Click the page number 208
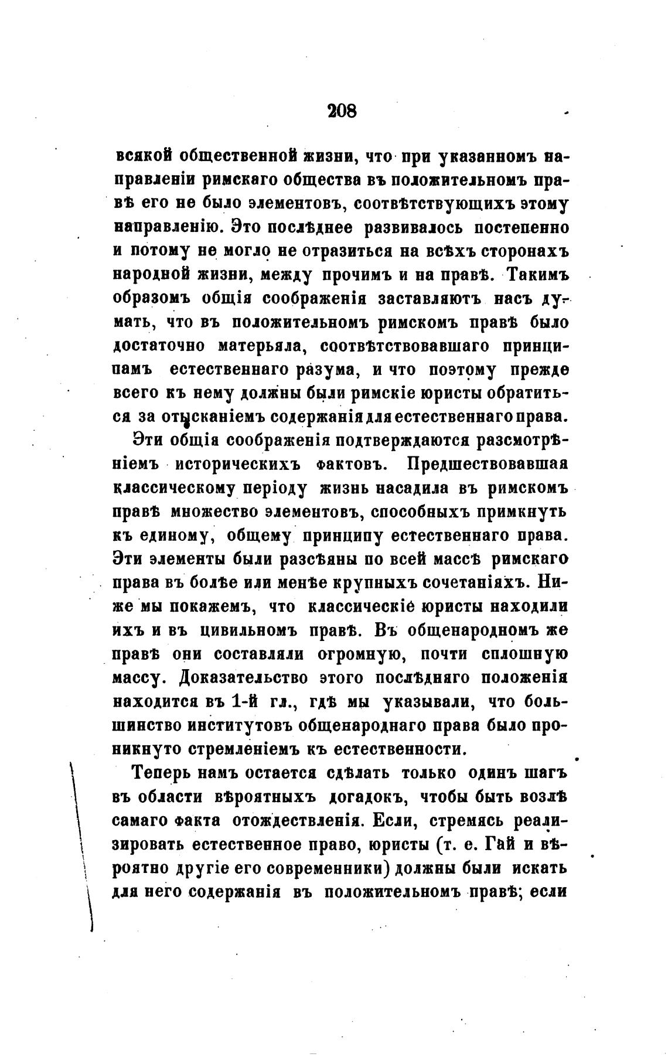click(342, 110)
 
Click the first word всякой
click(144, 156)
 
